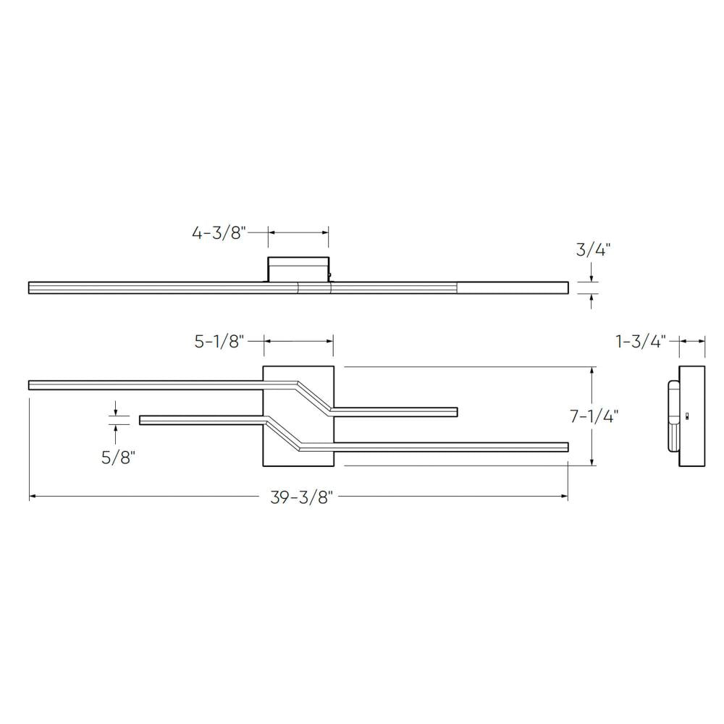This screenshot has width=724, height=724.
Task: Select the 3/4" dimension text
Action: (593, 251)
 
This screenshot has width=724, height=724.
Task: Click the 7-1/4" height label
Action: (593, 416)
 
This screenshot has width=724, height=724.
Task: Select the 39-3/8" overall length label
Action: (298, 497)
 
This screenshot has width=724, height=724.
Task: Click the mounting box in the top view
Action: (298, 269)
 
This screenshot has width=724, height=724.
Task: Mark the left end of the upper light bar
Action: (31, 384)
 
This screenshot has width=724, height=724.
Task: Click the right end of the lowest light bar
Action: (565, 447)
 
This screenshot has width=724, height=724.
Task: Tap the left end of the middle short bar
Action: (142, 420)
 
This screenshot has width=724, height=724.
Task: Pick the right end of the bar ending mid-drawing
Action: (455, 411)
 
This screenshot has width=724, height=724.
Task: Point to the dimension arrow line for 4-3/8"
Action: (298, 232)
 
